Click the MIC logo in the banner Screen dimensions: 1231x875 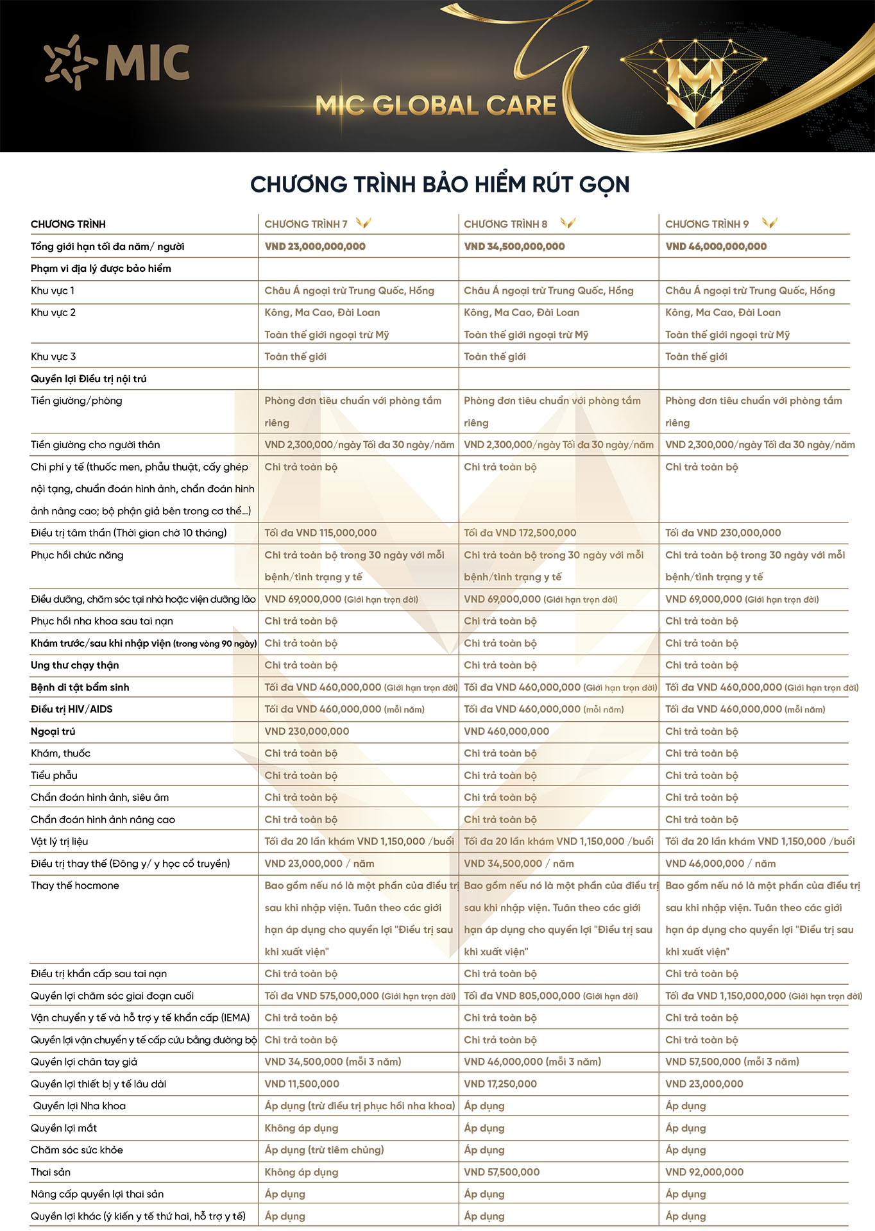point(117,63)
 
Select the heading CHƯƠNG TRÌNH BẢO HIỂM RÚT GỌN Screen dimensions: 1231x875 point(440,185)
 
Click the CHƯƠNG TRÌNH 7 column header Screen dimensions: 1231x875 point(306,224)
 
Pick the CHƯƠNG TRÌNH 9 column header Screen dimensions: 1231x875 point(707,224)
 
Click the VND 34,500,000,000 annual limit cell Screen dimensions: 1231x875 point(514,246)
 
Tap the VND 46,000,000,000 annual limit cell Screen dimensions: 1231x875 point(716,246)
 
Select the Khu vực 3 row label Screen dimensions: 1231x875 point(53,356)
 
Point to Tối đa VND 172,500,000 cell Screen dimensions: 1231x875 point(520,533)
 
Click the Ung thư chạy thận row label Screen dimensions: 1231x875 point(74,665)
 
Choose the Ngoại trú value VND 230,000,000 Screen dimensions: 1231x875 point(307,732)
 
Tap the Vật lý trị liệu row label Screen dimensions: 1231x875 point(60,841)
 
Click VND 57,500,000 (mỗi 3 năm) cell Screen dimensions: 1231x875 point(732,1062)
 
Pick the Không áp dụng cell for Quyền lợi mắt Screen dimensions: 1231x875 point(302,1128)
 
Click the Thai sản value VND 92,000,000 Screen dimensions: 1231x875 point(704,1172)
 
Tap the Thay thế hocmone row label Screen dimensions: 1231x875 point(75,885)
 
